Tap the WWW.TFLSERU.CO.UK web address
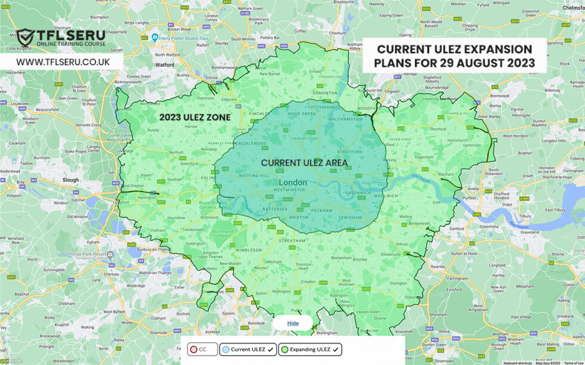[x=63, y=62]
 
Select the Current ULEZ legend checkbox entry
[x=248, y=349]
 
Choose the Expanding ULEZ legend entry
[x=310, y=349]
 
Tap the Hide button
[x=292, y=323]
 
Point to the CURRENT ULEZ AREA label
[x=304, y=162]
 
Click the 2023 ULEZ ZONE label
[x=195, y=117]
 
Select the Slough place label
[x=70, y=179]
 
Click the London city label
[x=293, y=182]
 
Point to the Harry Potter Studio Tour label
[x=182, y=37]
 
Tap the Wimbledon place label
[x=248, y=250]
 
